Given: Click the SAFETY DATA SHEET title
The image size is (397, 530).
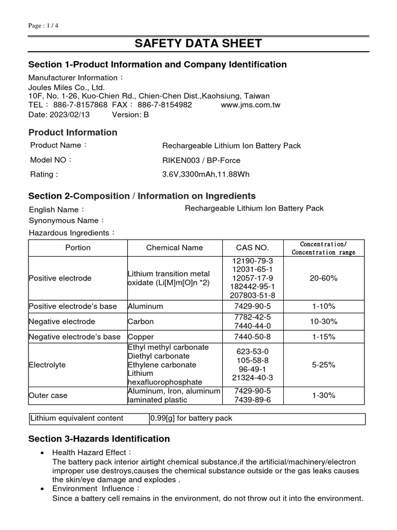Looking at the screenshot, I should [198, 43].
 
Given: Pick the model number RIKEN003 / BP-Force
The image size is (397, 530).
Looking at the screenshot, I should [201, 160].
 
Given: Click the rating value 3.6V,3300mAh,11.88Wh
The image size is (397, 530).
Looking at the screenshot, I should [206, 174].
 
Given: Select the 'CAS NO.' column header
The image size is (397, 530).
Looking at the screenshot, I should [252, 248].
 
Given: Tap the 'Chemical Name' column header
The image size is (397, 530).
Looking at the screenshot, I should [175, 248].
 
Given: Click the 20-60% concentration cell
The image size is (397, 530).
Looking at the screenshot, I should [324, 278].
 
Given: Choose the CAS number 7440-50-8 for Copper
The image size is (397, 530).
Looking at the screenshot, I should [252, 337].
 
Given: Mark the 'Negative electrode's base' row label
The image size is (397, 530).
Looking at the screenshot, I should [74, 337].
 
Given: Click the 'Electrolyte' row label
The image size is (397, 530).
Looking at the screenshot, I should [48, 365].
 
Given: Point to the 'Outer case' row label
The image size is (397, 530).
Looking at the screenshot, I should [49, 395].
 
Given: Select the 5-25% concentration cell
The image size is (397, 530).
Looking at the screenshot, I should [324, 365].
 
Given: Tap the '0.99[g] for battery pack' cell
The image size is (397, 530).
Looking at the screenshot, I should [191, 418].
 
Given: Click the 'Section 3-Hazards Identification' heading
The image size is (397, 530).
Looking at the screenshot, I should [99, 439].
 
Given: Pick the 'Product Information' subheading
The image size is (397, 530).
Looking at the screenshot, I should [73, 132].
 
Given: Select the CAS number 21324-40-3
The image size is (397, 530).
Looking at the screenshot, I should [252, 378].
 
